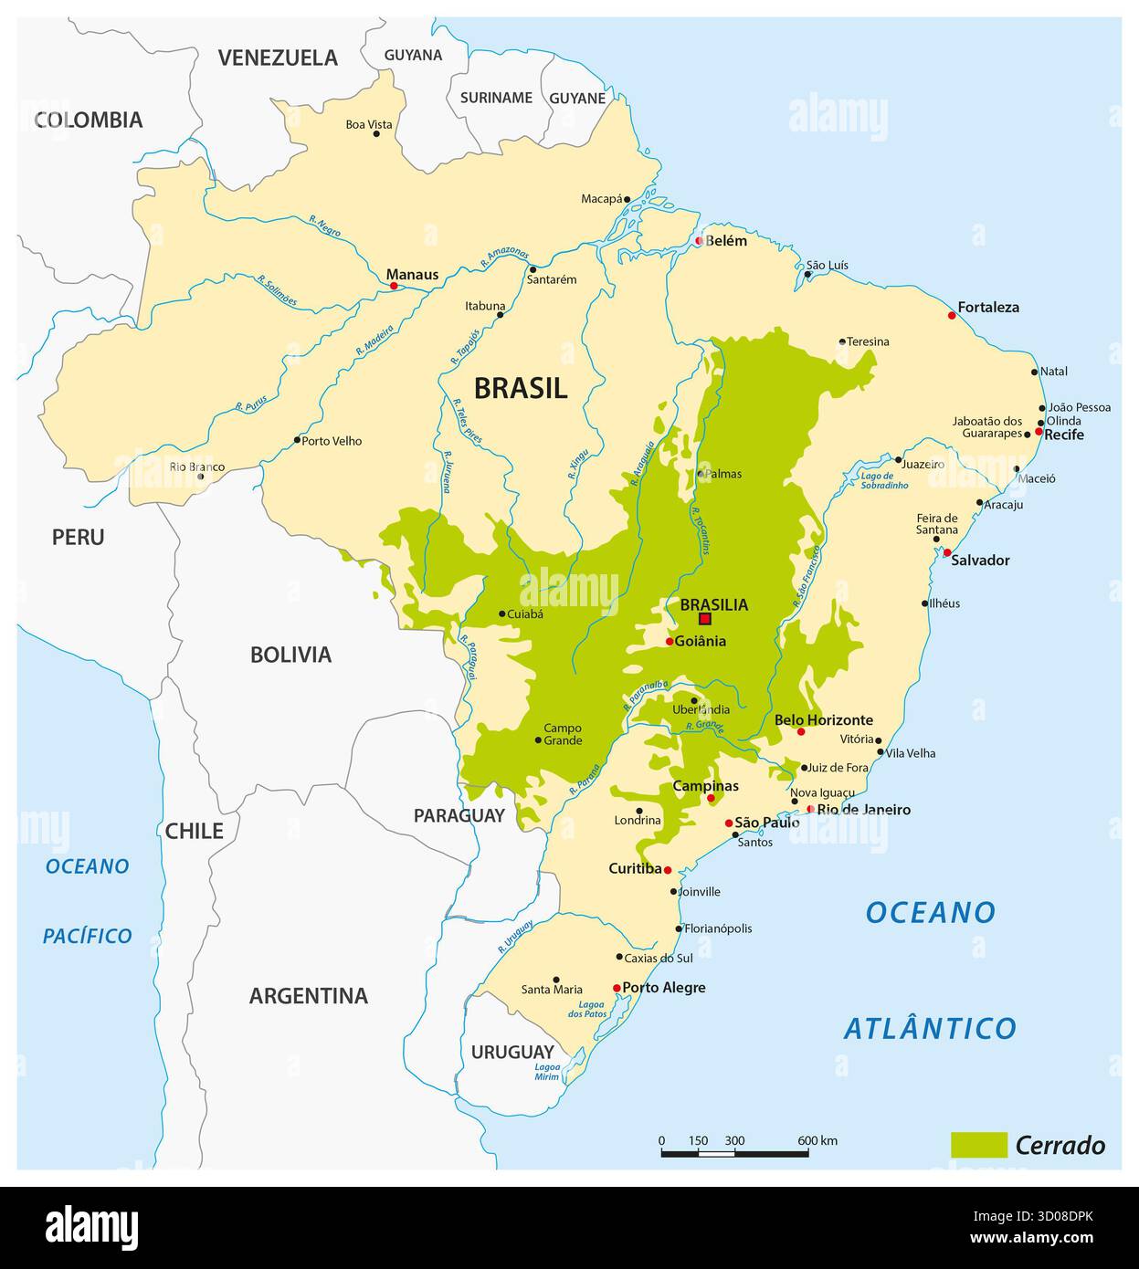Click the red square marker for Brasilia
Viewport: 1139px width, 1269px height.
click(x=704, y=618)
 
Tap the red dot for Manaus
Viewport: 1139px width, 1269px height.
click(x=394, y=286)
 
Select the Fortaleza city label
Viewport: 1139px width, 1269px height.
click(x=988, y=308)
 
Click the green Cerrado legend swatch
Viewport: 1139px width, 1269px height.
click(x=978, y=1145)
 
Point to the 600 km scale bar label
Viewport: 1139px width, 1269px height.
click(x=817, y=1140)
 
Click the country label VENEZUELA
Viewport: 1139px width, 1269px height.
click(x=278, y=58)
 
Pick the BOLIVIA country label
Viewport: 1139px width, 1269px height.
click(x=290, y=655)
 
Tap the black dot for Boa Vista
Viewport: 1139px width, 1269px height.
click(x=375, y=134)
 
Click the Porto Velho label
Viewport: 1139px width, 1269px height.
click(x=332, y=441)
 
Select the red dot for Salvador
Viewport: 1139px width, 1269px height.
click(x=947, y=552)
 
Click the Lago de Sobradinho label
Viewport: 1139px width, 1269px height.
click(x=883, y=481)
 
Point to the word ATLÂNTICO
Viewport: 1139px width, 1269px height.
click(x=929, y=1029)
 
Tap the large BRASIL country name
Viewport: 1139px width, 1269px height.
click(x=520, y=388)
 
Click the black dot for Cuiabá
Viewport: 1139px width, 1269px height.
click(x=501, y=614)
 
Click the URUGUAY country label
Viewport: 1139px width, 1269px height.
click(x=512, y=1052)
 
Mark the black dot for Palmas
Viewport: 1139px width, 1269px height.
click(x=701, y=474)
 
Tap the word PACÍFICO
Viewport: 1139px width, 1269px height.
click(x=88, y=936)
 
